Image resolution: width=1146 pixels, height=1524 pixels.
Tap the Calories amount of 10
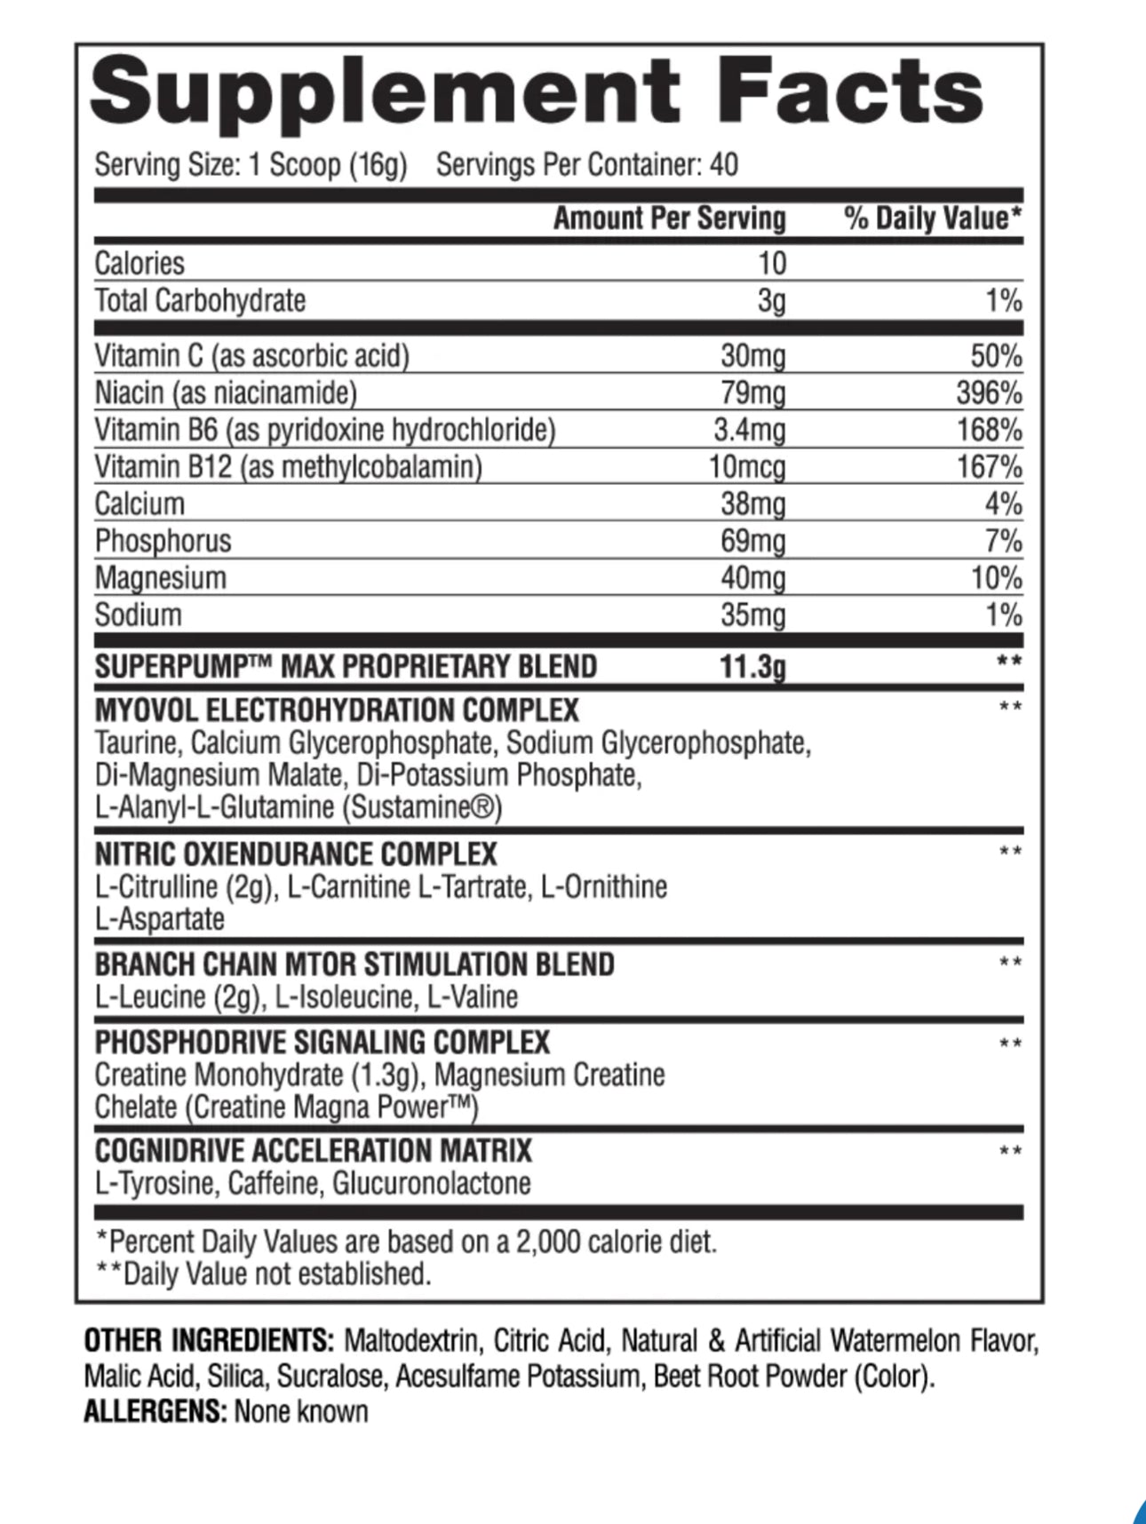pos(772,263)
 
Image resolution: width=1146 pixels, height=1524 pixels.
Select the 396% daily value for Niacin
pos(989,393)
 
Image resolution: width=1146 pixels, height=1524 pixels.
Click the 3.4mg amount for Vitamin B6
pos(750,430)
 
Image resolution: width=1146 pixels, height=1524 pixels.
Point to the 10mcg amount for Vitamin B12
pos(746,466)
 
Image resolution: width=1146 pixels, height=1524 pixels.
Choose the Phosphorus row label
pos(163,541)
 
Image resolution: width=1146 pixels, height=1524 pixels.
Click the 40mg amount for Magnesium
pos(752,578)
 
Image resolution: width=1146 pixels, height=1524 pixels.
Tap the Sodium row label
pos(138,615)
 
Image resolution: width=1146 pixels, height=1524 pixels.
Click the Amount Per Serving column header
pos(669,218)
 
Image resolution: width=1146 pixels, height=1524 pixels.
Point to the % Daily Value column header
pos(933,218)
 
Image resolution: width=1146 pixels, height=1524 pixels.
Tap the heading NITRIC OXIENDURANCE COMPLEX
pos(296,854)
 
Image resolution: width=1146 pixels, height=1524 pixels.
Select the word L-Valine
pos(472,996)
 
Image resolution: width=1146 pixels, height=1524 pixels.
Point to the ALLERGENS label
pos(155,1411)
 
